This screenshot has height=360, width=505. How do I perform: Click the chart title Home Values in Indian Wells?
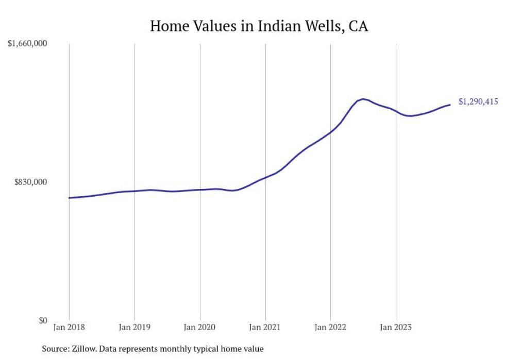259,26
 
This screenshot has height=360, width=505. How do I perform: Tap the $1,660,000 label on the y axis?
27,44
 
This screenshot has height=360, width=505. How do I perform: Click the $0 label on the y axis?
43,320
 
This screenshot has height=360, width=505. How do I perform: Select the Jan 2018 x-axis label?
69,327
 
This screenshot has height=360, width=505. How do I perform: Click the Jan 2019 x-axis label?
134,327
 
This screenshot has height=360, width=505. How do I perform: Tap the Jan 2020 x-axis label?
200,327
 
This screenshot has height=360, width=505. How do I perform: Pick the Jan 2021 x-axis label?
265,327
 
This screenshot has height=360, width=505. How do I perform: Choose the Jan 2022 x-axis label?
330,327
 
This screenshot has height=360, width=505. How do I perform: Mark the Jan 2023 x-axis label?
396,327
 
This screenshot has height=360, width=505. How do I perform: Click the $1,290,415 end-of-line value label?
478,102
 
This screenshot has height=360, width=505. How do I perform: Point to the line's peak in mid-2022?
363,99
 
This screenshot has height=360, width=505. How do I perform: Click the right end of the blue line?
450,105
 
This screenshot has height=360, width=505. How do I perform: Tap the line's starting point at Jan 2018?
69,198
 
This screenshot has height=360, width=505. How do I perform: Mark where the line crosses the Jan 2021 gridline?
265,178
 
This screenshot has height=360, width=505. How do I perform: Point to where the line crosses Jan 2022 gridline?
330,132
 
